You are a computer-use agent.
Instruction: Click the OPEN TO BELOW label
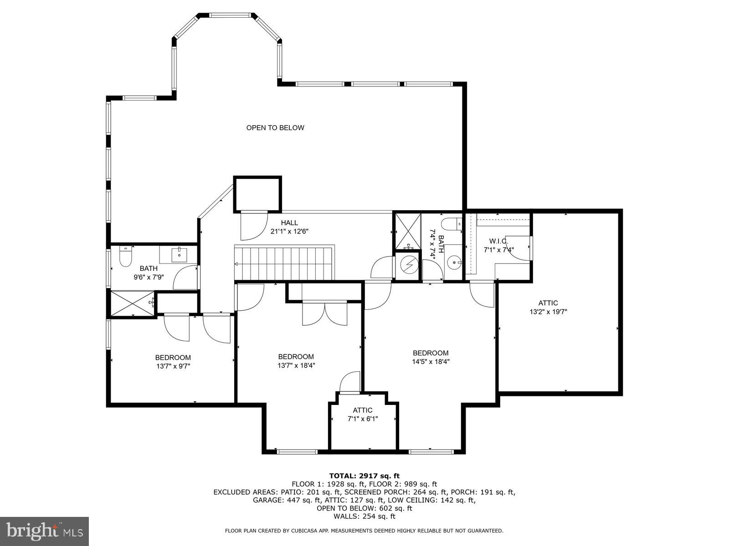[275, 128]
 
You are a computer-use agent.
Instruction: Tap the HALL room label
[289, 222]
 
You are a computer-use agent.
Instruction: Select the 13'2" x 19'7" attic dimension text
[548, 312]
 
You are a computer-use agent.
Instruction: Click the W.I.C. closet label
[498, 241]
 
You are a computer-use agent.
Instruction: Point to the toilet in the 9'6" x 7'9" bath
[125, 257]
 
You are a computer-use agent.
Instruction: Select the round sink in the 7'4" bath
[454, 262]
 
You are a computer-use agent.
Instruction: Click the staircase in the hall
[285, 263]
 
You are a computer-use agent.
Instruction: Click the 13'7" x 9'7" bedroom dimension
[173, 365]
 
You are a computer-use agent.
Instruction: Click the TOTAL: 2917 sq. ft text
[364, 476]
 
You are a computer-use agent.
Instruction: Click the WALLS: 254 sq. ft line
[364, 516]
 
